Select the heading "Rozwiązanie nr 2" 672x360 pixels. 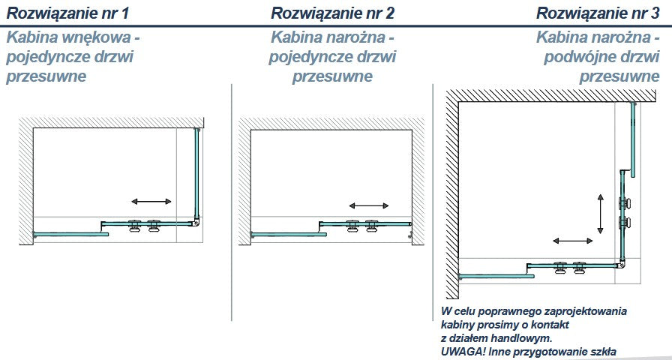coord(322,13)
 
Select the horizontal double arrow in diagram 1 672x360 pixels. coord(151,201)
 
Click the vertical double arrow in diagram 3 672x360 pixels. coord(601,213)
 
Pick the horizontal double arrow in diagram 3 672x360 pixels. coord(573,241)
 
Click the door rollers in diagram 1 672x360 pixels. coord(145,225)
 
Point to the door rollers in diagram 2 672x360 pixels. coord(362,225)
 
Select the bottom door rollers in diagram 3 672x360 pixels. coord(569,267)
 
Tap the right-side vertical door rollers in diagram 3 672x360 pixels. coord(624,212)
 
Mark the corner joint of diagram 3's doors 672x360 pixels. coord(621,264)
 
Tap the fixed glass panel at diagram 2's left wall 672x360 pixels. coord(289,234)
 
